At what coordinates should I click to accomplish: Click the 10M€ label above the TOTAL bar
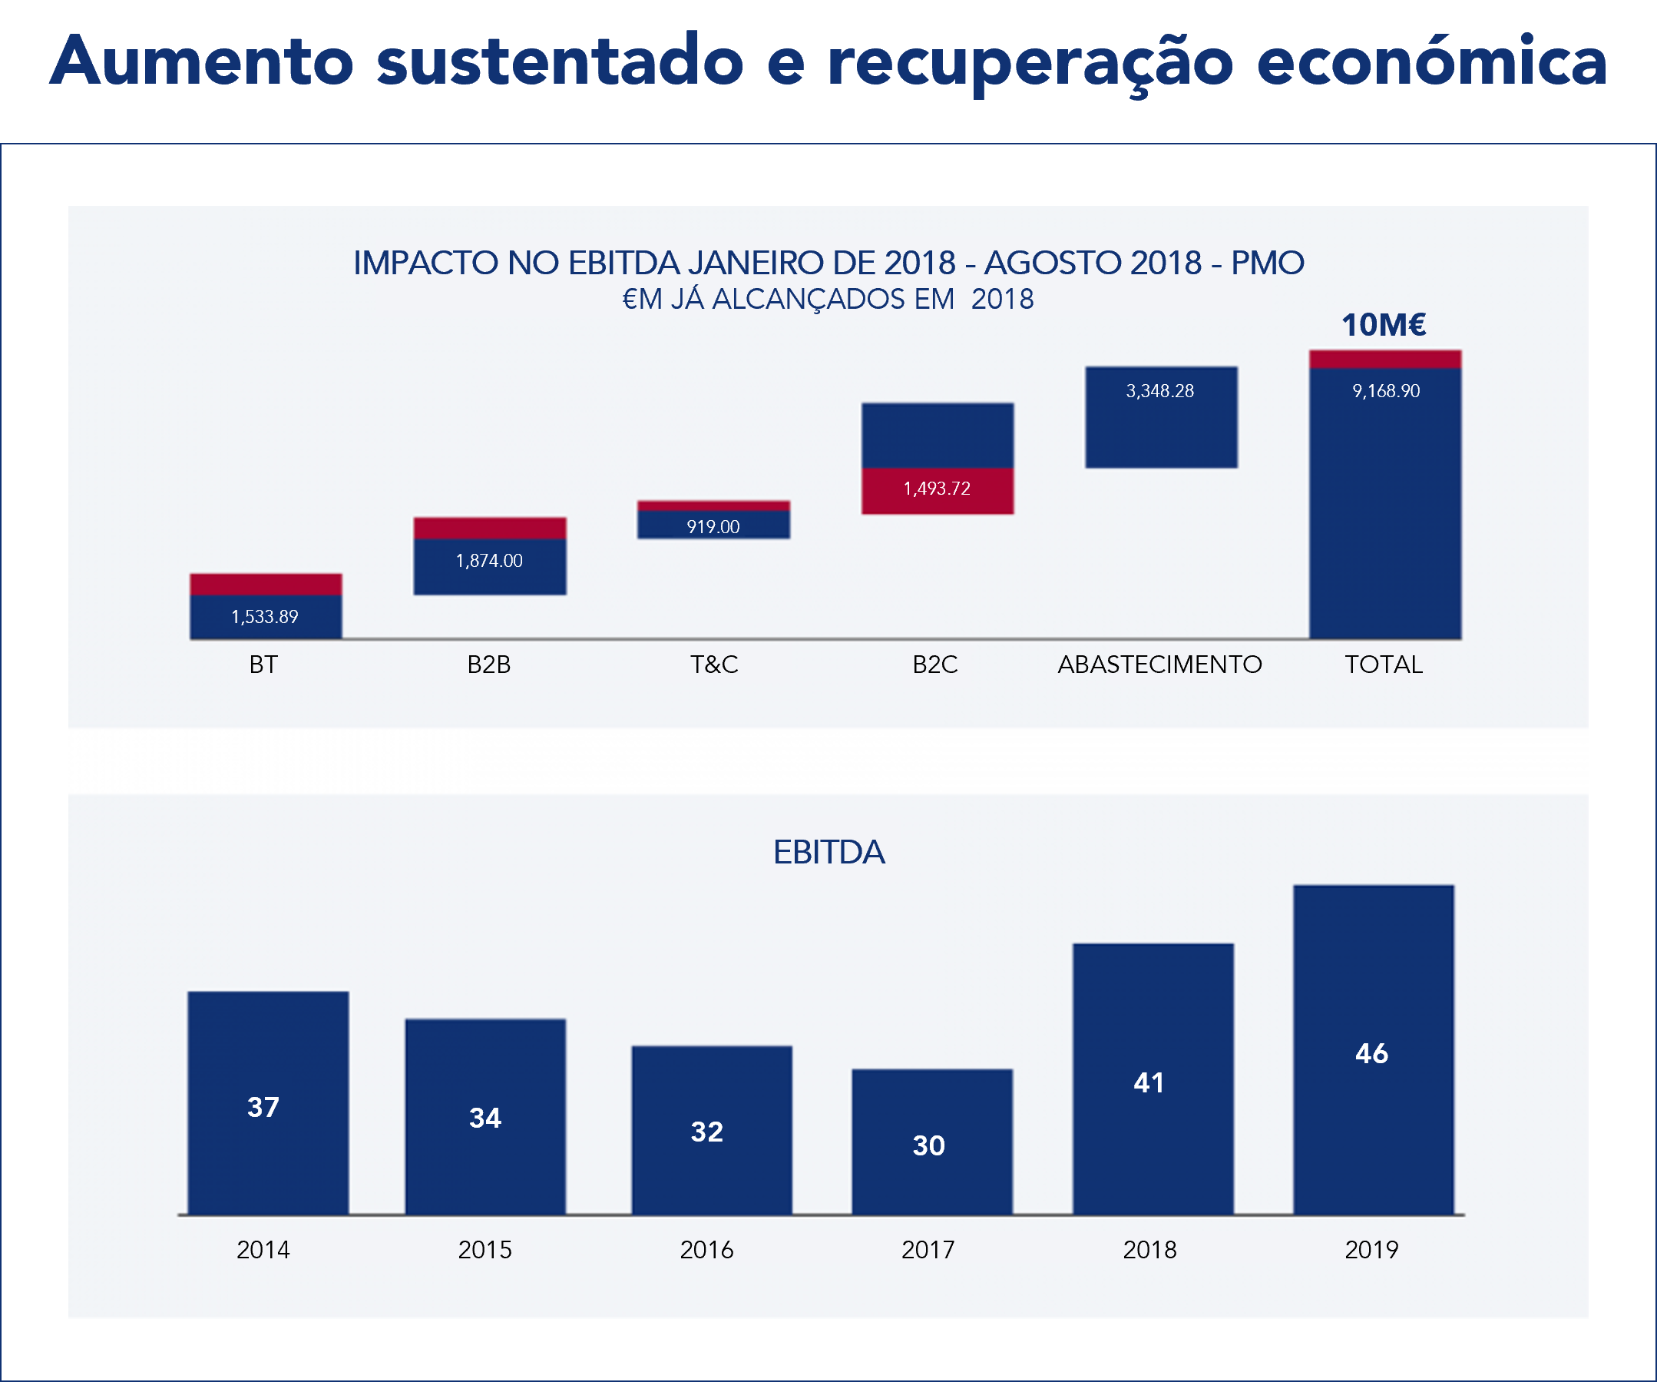pyautogui.click(x=1384, y=325)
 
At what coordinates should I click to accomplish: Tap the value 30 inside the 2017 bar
pyautogui.click(x=929, y=1145)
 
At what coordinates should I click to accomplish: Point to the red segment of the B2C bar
pyautogui.click(x=938, y=490)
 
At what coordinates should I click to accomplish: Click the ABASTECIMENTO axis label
pyautogui.click(x=1160, y=664)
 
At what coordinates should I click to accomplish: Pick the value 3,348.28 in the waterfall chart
pyautogui.click(x=1160, y=391)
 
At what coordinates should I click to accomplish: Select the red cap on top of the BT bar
pyautogui.click(x=266, y=584)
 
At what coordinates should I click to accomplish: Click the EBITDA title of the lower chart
pyautogui.click(x=828, y=853)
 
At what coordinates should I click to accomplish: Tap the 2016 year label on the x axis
pyautogui.click(x=706, y=1249)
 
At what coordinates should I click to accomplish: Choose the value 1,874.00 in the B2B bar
pyautogui.click(x=489, y=560)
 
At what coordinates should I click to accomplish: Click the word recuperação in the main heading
pyautogui.click(x=1030, y=61)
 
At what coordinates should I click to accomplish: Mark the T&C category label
pyautogui.click(x=714, y=664)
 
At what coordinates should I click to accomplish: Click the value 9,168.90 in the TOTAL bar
pyautogui.click(x=1385, y=391)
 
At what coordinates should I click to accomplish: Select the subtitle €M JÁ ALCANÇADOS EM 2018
pyautogui.click(x=828, y=299)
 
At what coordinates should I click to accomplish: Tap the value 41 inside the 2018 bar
pyautogui.click(x=1149, y=1083)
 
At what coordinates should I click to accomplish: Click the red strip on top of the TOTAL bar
pyautogui.click(x=1385, y=359)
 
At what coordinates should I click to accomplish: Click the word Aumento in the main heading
pyautogui.click(x=201, y=61)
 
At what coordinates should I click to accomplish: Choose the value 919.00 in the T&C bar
pyautogui.click(x=713, y=526)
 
